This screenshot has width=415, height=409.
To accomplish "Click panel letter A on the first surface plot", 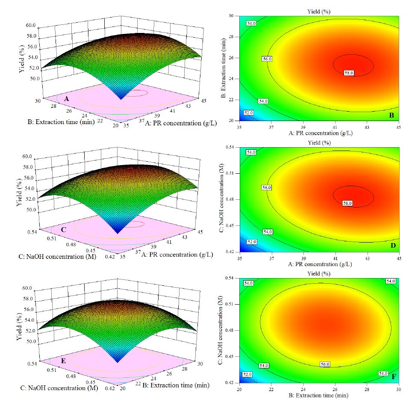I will point(67,98).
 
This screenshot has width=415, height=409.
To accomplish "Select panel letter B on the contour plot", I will point(391,115).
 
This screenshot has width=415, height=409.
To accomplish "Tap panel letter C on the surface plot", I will point(63,229).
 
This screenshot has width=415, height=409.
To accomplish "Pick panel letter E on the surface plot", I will point(63,360).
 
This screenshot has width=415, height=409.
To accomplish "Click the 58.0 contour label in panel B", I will point(349,73).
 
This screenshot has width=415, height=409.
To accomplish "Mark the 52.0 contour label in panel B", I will point(249,113).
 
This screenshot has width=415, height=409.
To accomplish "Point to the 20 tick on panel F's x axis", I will point(239,389).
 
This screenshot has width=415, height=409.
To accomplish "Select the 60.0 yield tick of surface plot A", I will point(31,26).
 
